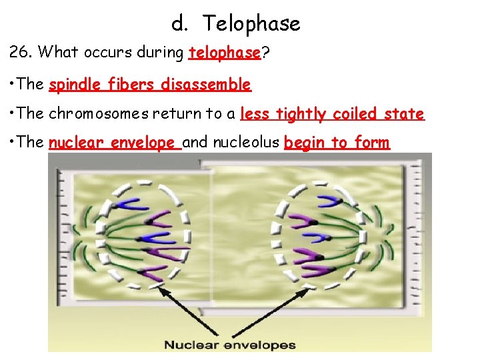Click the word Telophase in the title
251,24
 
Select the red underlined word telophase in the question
224,53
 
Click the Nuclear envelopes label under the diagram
230,345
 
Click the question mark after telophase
265,53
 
